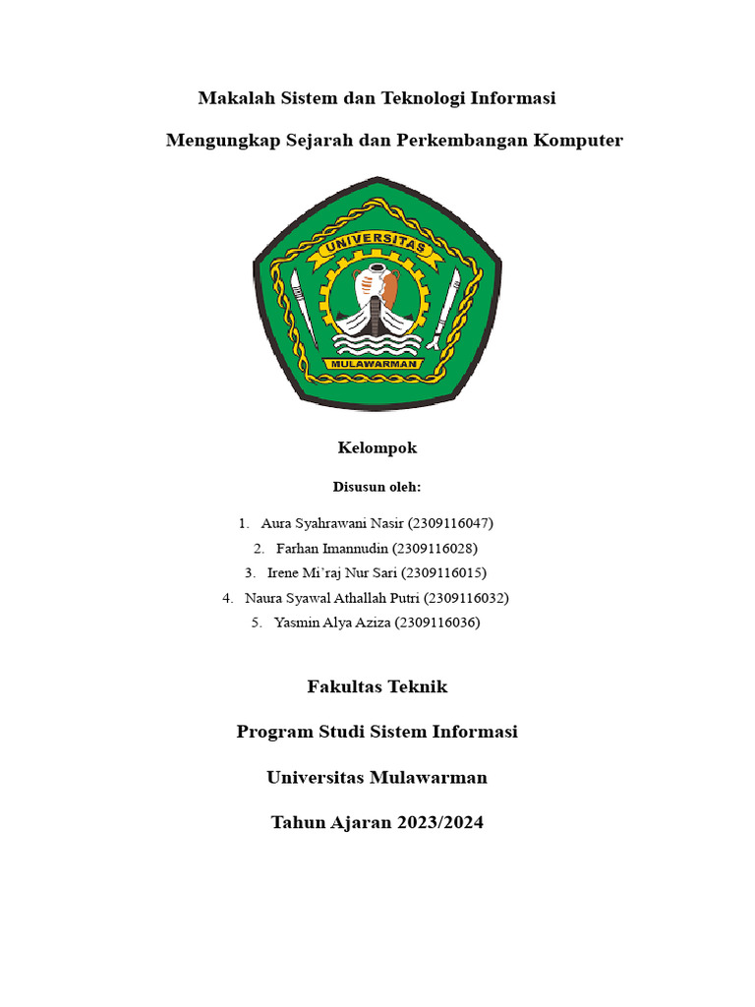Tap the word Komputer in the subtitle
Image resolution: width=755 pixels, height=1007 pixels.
(x=578, y=141)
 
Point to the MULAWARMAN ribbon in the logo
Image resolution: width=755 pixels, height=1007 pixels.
(x=377, y=363)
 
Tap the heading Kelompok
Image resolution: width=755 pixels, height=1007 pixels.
(x=377, y=448)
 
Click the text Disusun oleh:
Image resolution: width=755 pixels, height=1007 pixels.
(x=377, y=487)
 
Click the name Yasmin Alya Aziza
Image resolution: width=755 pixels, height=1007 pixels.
(x=332, y=622)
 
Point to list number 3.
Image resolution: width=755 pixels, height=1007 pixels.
(x=250, y=572)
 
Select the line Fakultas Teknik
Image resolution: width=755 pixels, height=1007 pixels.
(x=377, y=686)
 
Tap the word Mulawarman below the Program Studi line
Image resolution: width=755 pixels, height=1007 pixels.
(x=429, y=777)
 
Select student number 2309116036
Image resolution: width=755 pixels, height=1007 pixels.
(x=437, y=622)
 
